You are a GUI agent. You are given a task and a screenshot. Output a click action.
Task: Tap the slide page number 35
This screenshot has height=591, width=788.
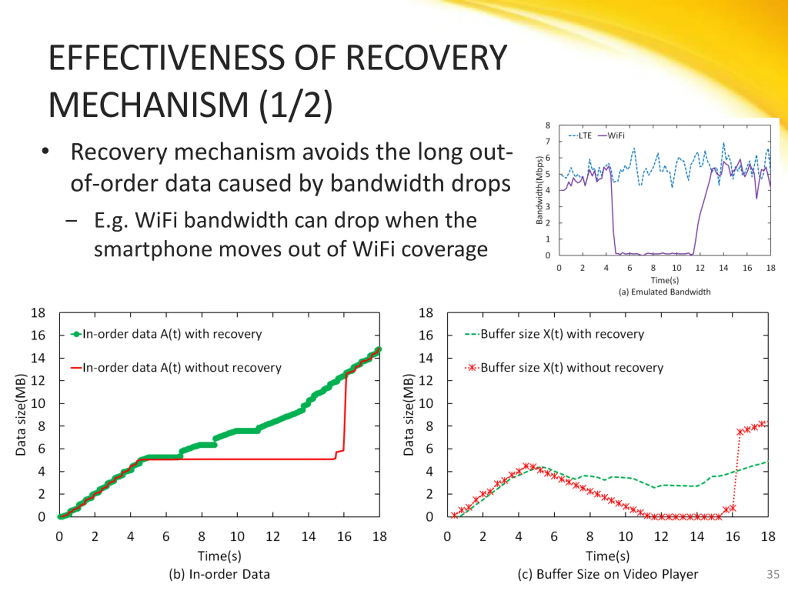[773, 574]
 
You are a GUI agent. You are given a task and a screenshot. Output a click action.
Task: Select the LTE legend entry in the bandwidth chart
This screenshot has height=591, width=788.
[581, 136]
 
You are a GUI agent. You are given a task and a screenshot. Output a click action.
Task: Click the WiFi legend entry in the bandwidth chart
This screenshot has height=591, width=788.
[611, 136]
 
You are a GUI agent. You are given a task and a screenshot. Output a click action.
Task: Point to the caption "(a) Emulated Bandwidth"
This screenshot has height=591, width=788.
[664, 292]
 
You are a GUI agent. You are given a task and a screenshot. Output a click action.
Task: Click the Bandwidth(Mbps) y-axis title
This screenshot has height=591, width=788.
[539, 191]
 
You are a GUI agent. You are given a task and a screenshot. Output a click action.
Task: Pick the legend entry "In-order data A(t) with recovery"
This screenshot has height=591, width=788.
[167, 334]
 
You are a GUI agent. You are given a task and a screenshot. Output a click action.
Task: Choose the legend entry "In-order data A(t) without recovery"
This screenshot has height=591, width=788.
[176, 368]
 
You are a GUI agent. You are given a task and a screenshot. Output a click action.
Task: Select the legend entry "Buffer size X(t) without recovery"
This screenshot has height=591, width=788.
[564, 368]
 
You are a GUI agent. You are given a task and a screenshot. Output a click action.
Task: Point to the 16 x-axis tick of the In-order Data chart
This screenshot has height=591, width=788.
[344, 537]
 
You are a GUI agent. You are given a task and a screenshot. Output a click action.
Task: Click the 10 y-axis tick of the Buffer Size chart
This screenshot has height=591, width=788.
[426, 404]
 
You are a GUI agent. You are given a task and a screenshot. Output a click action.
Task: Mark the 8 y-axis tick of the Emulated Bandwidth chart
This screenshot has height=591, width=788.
[548, 125]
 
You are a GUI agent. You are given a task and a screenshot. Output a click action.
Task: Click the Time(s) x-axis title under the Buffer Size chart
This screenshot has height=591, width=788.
[608, 556]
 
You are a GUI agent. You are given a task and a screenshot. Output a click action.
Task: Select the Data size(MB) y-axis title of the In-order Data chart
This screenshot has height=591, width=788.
[21, 415]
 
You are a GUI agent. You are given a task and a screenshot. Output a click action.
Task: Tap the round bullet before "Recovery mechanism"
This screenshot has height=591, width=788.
[45, 151]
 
